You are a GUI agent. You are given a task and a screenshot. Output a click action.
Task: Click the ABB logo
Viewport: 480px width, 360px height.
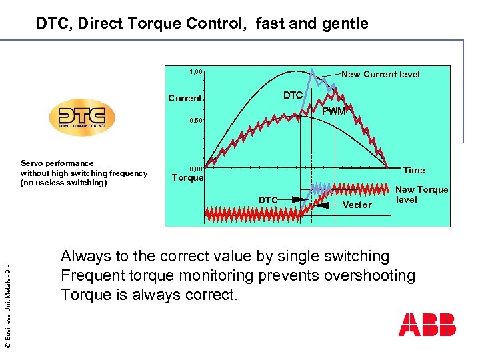point(427,325)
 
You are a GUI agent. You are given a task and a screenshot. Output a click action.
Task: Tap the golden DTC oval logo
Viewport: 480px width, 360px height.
point(82,118)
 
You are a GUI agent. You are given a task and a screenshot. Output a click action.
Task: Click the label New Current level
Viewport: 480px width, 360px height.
point(381,74)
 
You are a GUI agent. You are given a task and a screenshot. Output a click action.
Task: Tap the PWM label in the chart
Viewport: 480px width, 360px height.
point(334,111)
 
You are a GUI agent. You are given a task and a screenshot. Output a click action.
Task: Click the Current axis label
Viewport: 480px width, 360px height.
point(185,98)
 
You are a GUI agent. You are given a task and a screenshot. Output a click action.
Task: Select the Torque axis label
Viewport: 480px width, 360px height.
point(187,178)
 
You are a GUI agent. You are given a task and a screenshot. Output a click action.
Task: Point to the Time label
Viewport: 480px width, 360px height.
point(414,170)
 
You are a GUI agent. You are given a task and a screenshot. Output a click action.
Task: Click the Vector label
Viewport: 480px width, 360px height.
point(357,205)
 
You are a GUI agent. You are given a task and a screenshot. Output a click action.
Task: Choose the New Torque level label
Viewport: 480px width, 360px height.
point(421,195)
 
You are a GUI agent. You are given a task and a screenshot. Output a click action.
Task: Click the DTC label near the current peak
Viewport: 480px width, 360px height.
point(293,95)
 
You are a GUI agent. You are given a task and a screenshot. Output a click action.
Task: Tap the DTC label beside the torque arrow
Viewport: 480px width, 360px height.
point(269,199)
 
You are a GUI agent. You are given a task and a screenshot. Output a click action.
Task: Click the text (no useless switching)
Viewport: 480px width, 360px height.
point(63,183)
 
